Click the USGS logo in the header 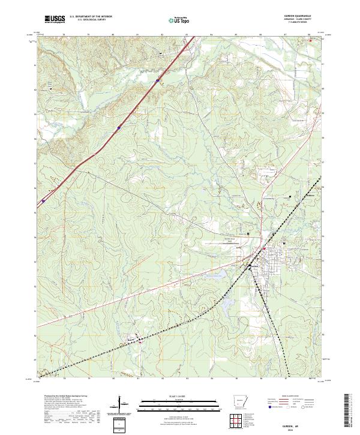55,19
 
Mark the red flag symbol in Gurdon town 263,248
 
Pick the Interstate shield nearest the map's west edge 43,202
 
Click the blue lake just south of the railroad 227,303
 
